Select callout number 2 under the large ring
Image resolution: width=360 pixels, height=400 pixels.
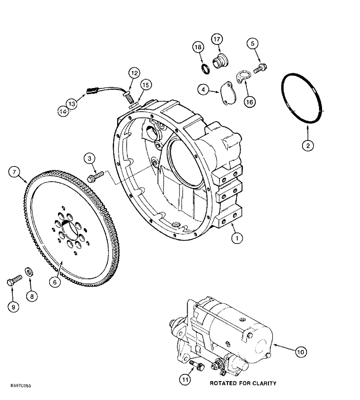(x=308, y=146)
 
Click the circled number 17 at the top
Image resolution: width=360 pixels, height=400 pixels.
(x=216, y=40)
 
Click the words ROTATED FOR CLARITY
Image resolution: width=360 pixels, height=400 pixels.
(x=243, y=383)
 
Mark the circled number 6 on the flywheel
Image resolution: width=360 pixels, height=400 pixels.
(x=55, y=282)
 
